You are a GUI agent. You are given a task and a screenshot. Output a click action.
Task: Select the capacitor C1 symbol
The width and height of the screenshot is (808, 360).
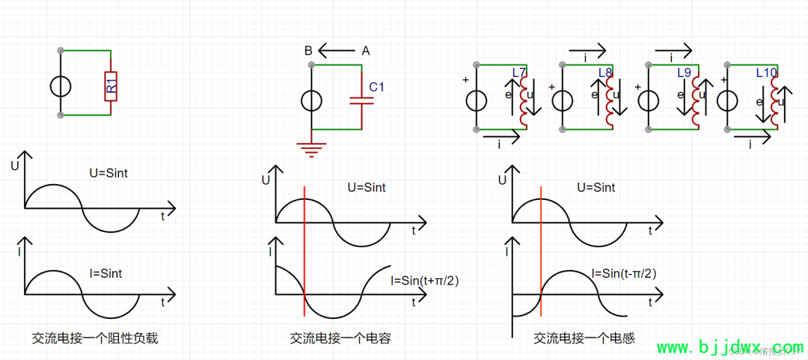point(362,100)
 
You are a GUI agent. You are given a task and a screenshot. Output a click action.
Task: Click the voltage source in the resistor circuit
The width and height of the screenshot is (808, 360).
point(61,86)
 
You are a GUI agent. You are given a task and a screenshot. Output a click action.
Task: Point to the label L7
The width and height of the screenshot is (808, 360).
point(519,73)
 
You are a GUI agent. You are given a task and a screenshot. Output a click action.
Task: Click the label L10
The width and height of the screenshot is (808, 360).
point(767,73)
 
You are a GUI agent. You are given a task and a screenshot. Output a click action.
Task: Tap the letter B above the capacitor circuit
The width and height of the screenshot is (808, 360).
point(308,51)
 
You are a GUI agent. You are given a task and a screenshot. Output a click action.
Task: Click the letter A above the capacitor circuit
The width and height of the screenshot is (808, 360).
point(365,51)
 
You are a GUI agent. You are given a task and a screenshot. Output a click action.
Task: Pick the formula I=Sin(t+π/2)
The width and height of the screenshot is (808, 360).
point(425,281)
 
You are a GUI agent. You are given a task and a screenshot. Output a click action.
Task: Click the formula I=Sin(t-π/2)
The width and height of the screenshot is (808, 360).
point(623,273)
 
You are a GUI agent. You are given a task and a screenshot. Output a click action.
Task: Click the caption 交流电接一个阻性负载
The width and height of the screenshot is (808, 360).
point(95,338)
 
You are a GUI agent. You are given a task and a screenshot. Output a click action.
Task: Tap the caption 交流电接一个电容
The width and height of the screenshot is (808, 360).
point(340,338)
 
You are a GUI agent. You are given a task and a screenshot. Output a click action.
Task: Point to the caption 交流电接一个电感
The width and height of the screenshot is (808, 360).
point(584,338)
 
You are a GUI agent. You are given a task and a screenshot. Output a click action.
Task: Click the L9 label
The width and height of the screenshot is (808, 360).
point(683,73)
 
